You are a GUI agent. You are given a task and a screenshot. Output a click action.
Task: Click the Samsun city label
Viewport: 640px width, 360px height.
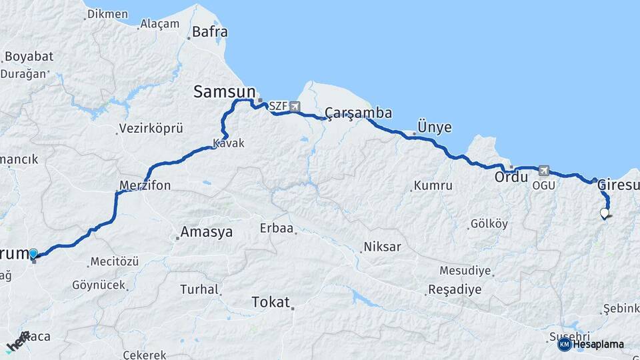[x=225, y=92]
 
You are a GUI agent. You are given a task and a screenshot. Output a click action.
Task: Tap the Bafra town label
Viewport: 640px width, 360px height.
[x=209, y=31]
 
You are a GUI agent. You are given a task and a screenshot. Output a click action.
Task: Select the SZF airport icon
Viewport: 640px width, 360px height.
[x=295, y=106]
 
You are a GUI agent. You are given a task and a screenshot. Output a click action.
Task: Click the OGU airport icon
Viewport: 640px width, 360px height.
[x=545, y=171]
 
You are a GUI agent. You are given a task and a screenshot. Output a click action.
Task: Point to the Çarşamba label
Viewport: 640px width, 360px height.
[x=358, y=112]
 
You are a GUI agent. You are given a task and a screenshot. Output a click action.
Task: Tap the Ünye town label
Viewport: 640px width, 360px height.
[x=433, y=127]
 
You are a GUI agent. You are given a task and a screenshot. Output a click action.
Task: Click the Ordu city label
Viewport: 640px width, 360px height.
[x=511, y=178]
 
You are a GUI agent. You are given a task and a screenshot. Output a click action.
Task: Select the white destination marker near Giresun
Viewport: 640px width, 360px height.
[x=605, y=213]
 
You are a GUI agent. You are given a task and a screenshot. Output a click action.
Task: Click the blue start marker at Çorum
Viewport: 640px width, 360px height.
[x=33, y=253]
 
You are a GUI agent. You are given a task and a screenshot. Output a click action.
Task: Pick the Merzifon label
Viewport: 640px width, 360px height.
[x=145, y=185]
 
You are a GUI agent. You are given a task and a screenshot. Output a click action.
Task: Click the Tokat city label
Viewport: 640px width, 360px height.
[x=271, y=302]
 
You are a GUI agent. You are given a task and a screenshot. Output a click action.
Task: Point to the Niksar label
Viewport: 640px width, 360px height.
[x=382, y=247]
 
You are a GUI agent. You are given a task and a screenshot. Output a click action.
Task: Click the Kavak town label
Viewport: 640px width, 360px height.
[x=229, y=143]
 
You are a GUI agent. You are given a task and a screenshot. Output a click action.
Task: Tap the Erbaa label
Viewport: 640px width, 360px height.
[x=277, y=229]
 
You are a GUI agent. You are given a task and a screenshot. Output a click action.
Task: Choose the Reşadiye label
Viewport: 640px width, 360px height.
[x=454, y=289]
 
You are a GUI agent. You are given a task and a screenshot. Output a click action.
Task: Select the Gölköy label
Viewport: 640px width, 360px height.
[x=489, y=224]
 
